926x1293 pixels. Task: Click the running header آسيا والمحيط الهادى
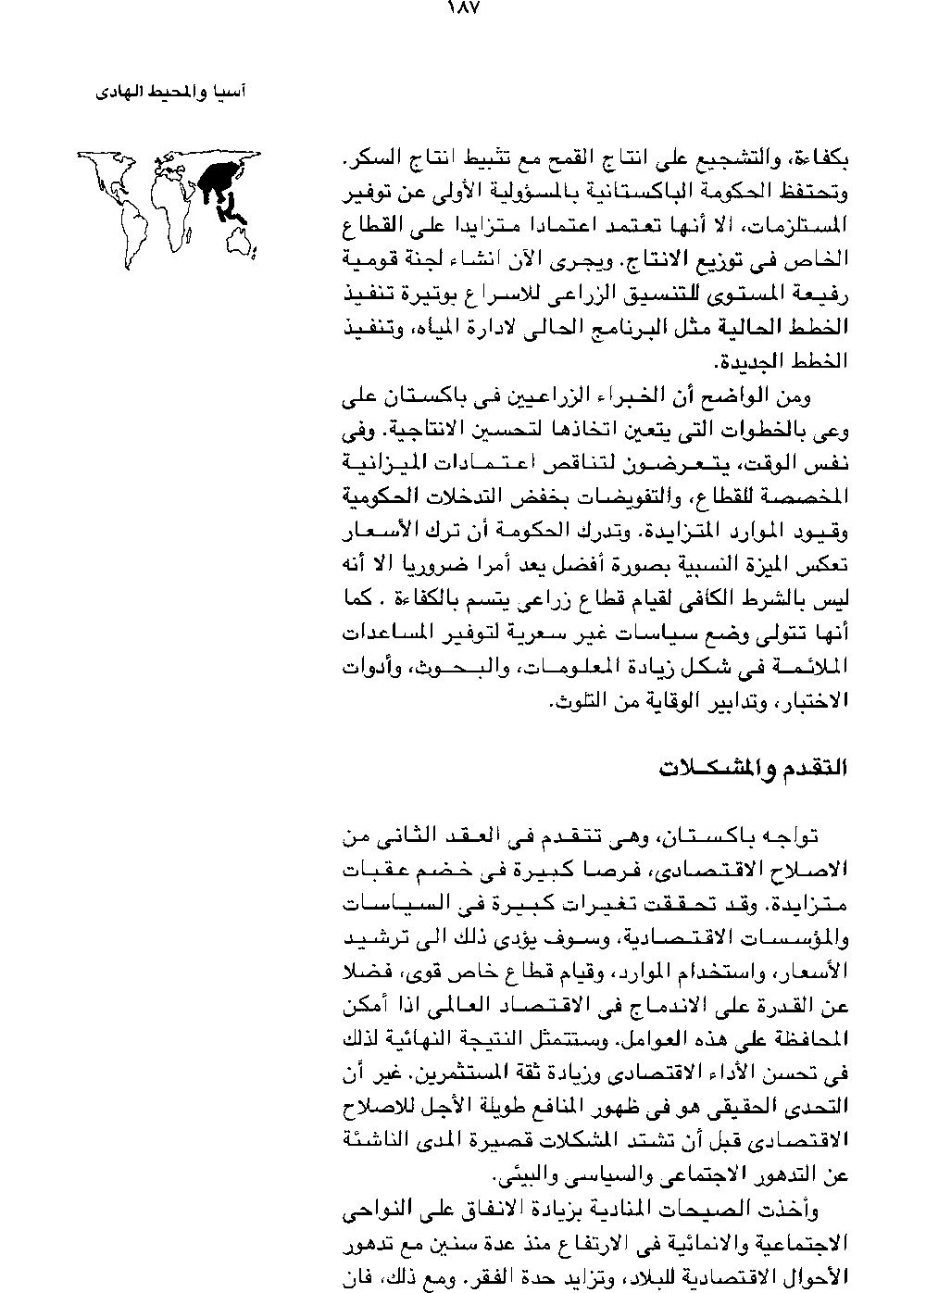[x=174, y=94]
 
